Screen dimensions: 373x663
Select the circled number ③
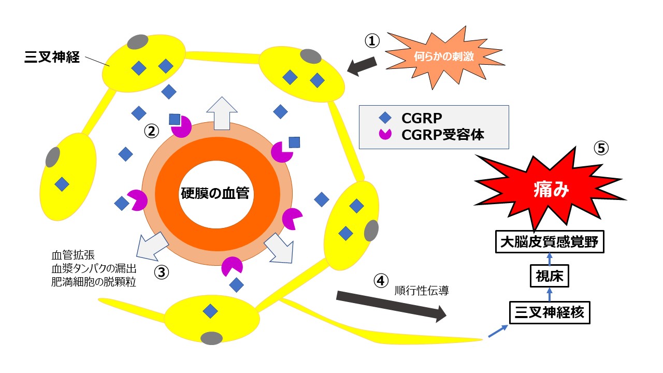[162, 271]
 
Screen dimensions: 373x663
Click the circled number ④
[380, 281]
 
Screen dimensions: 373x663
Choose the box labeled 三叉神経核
[550, 312]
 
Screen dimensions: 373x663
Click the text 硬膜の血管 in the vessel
[214, 194]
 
